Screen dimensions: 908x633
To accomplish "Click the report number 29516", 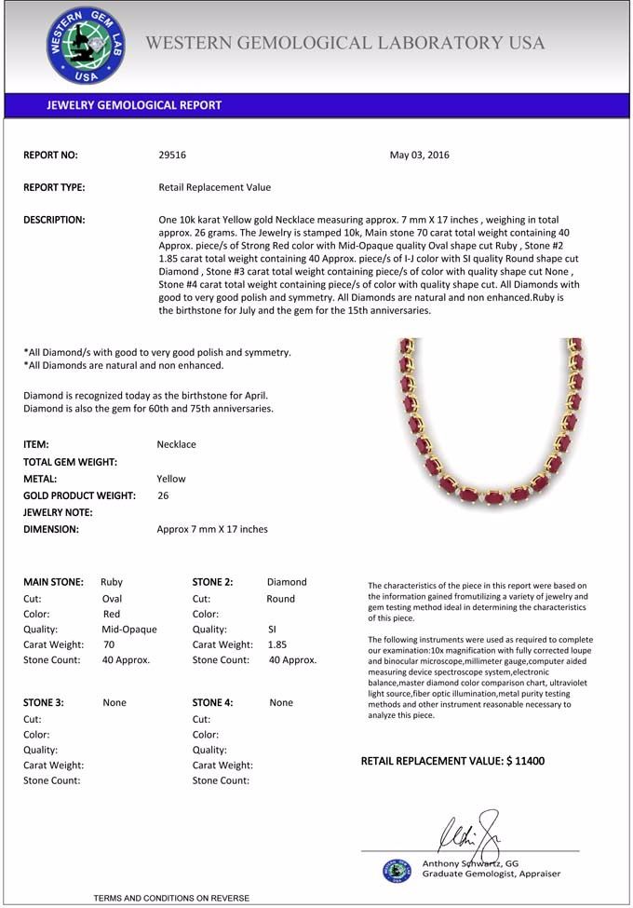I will click(x=172, y=155).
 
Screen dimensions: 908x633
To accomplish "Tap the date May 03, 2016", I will click(x=419, y=155).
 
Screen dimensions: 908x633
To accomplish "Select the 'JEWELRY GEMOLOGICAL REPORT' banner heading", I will click(x=134, y=105).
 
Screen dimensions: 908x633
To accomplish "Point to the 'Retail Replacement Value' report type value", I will click(x=215, y=187).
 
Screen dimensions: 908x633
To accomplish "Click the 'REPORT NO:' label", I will click(x=50, y=155).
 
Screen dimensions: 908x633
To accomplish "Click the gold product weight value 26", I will click(x=163, y=495).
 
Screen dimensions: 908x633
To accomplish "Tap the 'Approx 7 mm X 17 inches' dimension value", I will click(x=212, y=529).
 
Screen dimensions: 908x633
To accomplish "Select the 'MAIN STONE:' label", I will click(x=53, y=582).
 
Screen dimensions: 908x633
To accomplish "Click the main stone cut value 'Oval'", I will click(x=112, y=599).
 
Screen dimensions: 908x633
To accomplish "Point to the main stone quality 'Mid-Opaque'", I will click(x=128, y=629).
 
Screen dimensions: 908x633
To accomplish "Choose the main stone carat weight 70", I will click(x=109, y=644).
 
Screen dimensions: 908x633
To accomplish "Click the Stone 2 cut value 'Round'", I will click(x=280, y=599).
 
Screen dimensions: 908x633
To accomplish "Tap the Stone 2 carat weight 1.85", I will click(x=276, y=644).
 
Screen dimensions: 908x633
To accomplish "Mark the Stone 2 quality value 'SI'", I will click(x=272, y=629).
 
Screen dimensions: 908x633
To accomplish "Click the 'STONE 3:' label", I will click(x=44, y=702).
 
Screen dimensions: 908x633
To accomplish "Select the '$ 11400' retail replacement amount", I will click(x=525, y=761).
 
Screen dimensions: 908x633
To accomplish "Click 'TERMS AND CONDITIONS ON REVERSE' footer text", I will click(x=171, y=898).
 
